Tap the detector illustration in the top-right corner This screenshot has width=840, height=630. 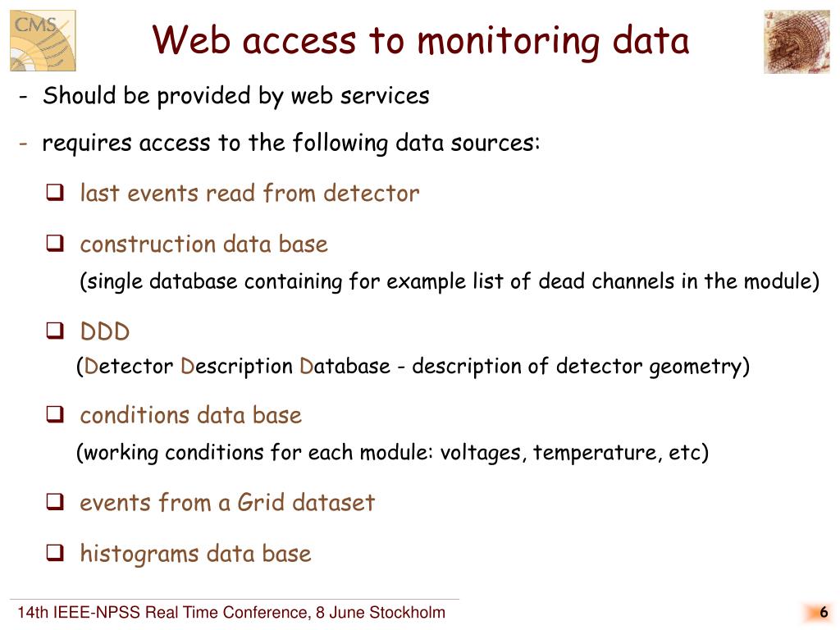pos(796,41)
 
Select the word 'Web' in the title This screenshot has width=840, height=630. pos(188,41)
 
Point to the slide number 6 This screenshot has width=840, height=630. pos(823,613)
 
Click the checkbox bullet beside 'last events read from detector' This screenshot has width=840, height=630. pos(55,194)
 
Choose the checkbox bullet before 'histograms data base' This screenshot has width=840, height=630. pos(55,554)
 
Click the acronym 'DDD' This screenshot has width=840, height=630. pos(105,333)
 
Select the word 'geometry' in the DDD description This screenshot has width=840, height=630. pos(696,366)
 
